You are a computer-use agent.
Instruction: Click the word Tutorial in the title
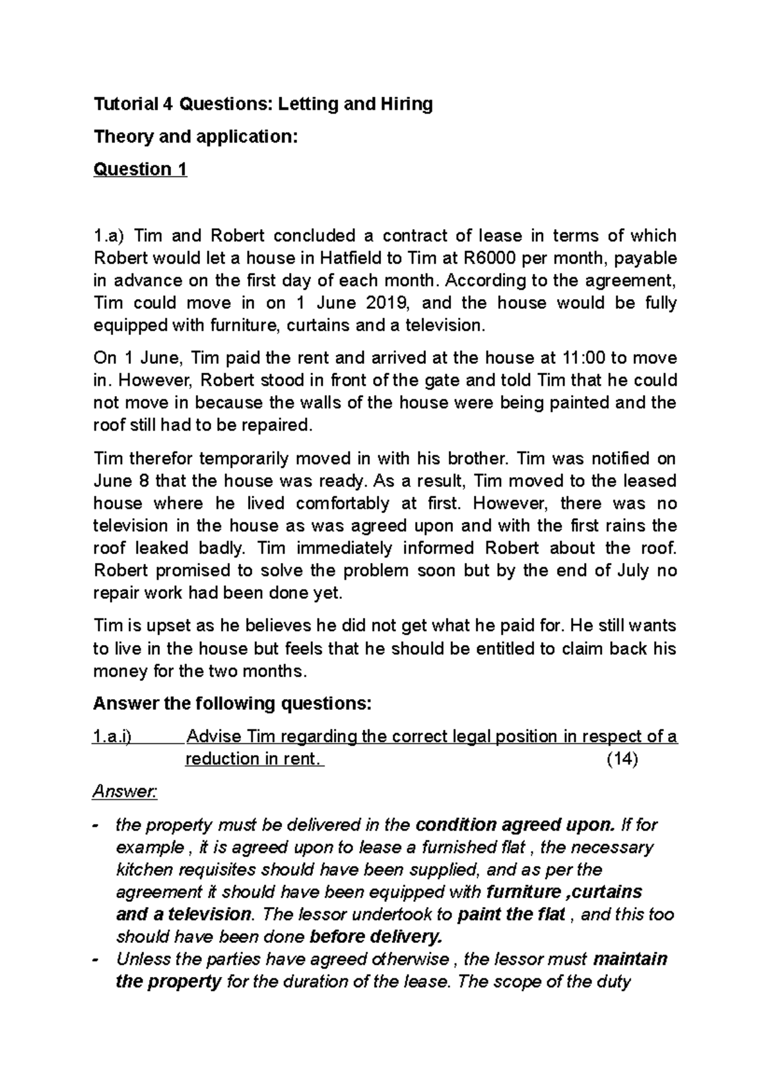125,104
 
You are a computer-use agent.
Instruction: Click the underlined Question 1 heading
140,169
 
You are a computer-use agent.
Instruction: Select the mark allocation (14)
622,759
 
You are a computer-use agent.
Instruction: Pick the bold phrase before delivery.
376,937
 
